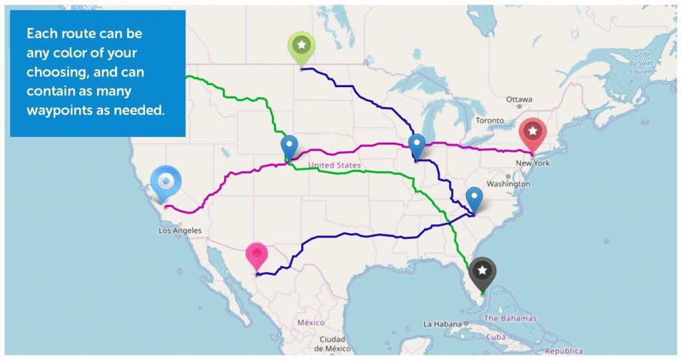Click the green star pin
301,45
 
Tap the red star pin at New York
533,132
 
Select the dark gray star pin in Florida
482,271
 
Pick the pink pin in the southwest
256,255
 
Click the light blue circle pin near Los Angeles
166,181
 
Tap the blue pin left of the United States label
289,146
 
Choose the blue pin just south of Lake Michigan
416,144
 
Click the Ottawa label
519,99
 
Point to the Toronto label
490,121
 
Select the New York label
533,163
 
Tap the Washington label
508,184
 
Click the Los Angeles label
180,231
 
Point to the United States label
335,165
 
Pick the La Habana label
441,324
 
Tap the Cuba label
495,337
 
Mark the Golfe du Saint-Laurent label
641,63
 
